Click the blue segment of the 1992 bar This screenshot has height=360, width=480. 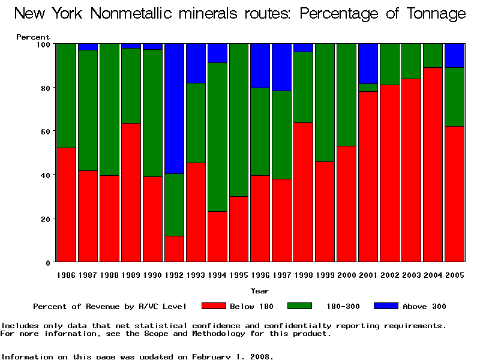(x=174, y=109)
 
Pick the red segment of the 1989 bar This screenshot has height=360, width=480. (x=131, y=192)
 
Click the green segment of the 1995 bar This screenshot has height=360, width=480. (x=239, y=120)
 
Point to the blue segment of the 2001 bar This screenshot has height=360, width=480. (x=368, y=64)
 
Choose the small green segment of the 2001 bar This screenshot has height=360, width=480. (x=368, y=88)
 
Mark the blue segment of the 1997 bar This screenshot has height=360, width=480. (x=282, y=67)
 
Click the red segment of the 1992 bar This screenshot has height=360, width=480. (x=174, y=249)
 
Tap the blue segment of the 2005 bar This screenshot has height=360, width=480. (x=455, y=55)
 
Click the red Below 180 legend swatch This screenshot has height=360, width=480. (x=214, y=306)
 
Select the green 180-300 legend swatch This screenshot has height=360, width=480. (x=300, y=306)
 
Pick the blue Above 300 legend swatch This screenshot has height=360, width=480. (x=386, y=306)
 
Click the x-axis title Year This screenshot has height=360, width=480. (x=260, y=291)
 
